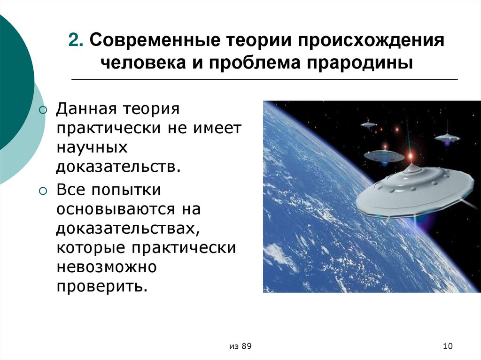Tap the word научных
point(92,147)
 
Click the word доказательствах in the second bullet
point(126,229)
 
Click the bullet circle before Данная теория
point(43,110)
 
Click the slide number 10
point(447,346)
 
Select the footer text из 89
point(240,346)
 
